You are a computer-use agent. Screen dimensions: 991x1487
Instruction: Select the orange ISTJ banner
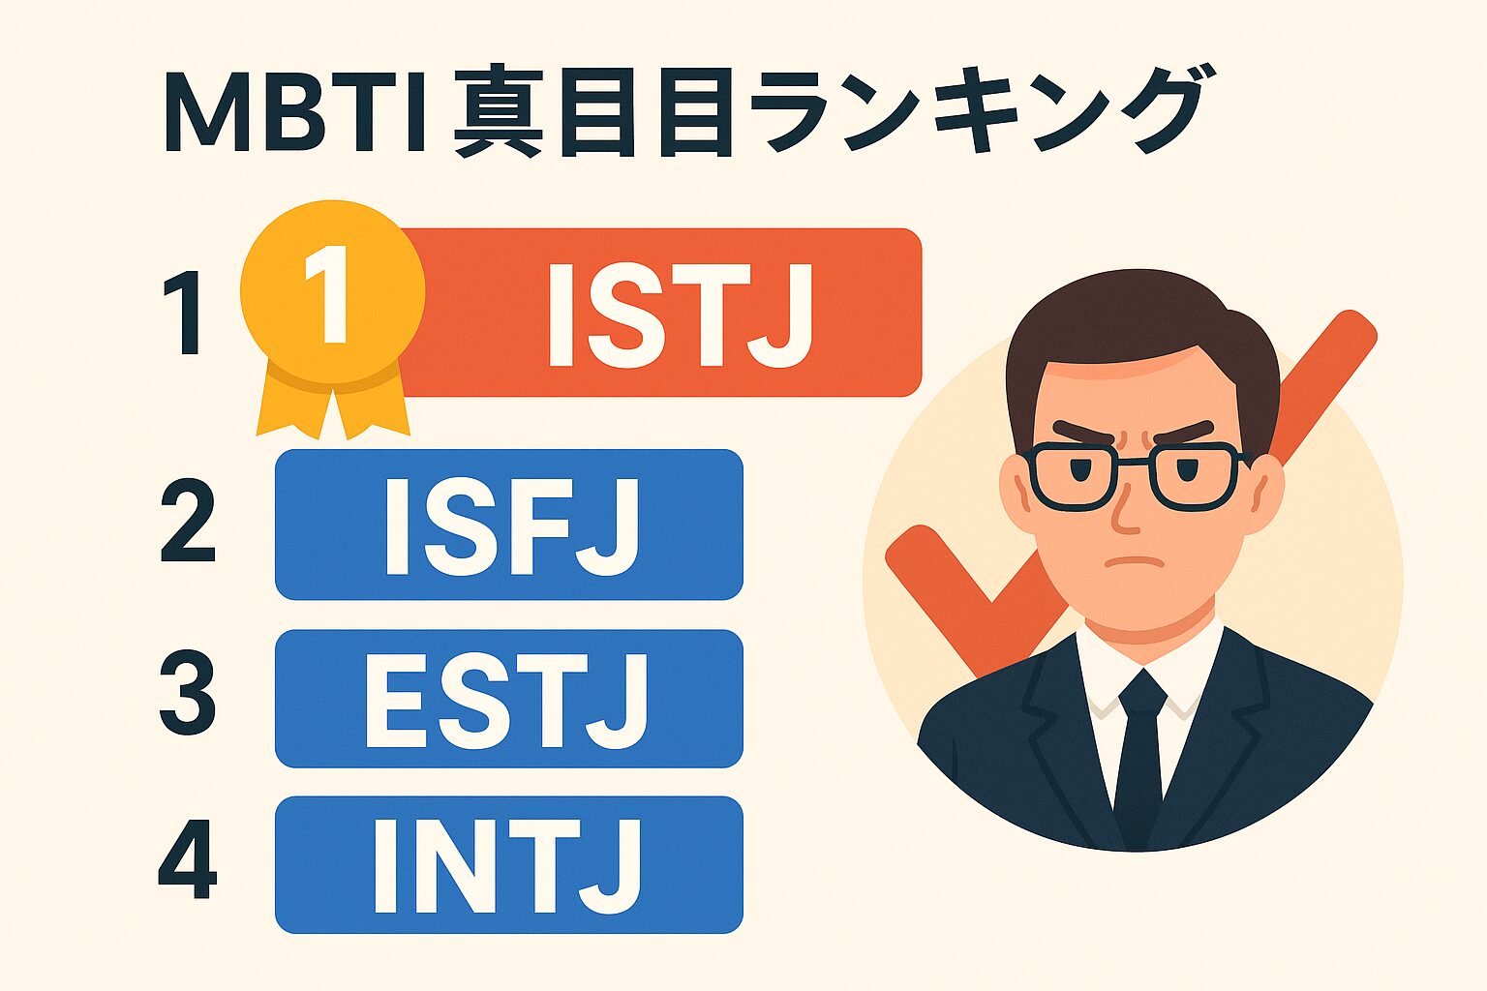(678, 313)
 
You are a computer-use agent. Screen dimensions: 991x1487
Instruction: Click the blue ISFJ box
(509, 525)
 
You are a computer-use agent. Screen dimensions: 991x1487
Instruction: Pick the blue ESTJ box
(509, 699)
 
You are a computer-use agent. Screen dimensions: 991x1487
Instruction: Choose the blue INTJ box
(509, 864)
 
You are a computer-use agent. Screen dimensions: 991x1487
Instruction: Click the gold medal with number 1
(332, 290)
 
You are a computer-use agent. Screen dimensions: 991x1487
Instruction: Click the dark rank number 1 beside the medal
(184, 314)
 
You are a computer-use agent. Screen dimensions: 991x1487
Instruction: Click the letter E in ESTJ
(394, 700)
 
